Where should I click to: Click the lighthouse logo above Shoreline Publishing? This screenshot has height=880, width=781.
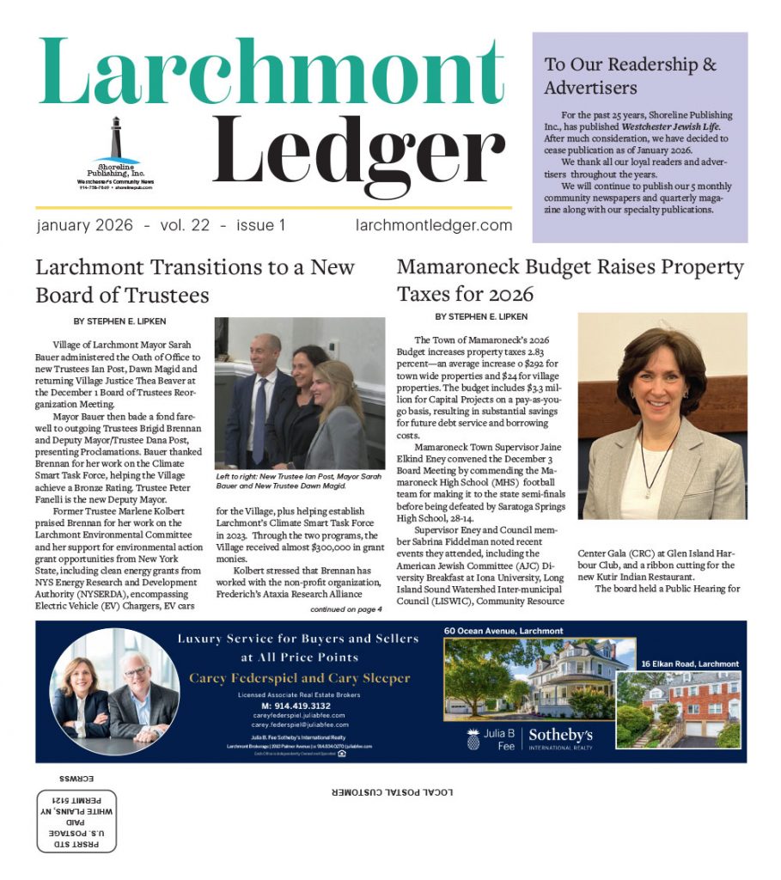tap(116, 137)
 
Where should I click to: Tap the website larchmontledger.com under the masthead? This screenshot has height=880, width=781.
tap(433, 225)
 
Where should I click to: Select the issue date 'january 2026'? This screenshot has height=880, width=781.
tap(85, 225)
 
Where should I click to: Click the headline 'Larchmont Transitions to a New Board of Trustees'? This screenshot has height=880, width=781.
tap(195, 281)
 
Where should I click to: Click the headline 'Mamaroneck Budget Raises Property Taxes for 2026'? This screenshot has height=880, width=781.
tap(570, 281)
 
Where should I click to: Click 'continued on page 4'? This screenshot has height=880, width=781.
tap(346, 609)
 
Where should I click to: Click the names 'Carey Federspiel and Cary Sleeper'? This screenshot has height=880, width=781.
tap(299, 678)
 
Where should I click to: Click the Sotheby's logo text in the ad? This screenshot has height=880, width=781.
tap(560, 736)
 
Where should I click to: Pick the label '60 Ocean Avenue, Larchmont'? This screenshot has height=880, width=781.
tap(503, 631)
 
